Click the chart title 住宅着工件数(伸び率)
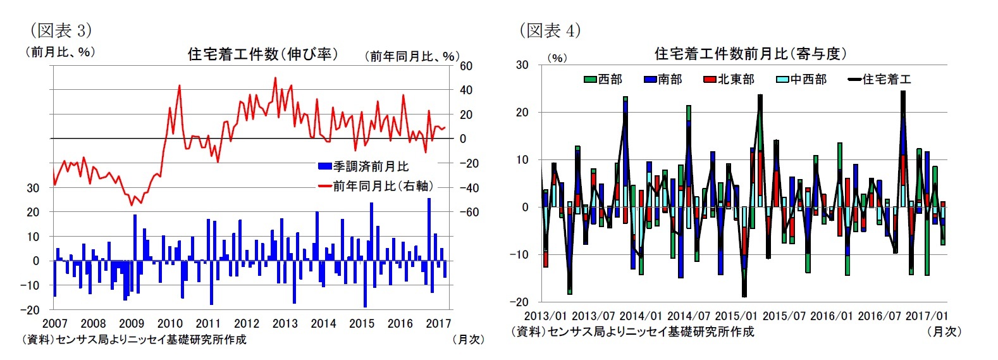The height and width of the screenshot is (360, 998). (262, 54)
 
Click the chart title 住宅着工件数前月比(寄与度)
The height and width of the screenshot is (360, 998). (750, 54)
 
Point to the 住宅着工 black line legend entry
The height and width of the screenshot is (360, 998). (880, 79)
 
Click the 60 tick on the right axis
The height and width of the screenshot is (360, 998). (466, 66)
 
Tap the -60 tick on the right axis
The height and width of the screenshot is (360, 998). (469, 212)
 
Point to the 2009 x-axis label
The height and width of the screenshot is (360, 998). (132, 323)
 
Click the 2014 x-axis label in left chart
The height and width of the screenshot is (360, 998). (323, 323)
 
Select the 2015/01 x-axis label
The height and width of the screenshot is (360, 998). (736, 316)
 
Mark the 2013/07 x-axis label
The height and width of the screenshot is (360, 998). (593, 316)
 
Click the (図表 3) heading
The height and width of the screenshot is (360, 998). (61, 30)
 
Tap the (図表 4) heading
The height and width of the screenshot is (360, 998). (550, 30)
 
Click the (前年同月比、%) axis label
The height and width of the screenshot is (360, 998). (411, 56)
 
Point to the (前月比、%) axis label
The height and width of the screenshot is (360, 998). (59, 52)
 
